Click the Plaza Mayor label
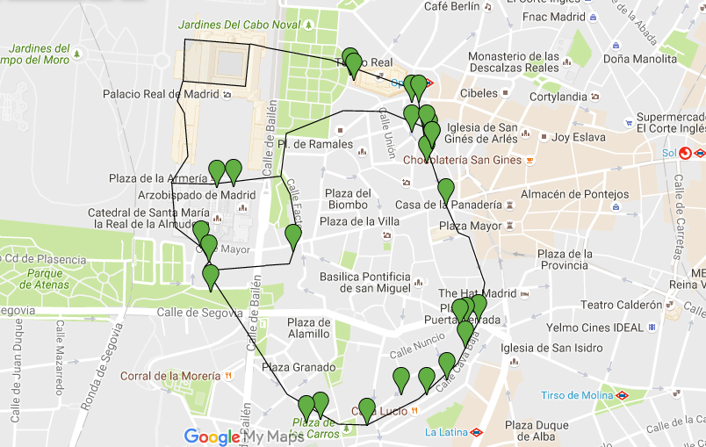(x=470, y=226)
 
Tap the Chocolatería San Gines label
(x=462, y=160)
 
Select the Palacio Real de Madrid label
(x=160, y=94)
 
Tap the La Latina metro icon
(x=475, y=431)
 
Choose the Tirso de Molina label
(x=576, y=395)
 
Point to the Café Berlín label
(x=451, y=7)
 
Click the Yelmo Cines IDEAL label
(x=594, y=328)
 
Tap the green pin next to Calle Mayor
(x=208, y=245)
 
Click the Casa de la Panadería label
(x=448, y=205)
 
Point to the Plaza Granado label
(x=299, y=367)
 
